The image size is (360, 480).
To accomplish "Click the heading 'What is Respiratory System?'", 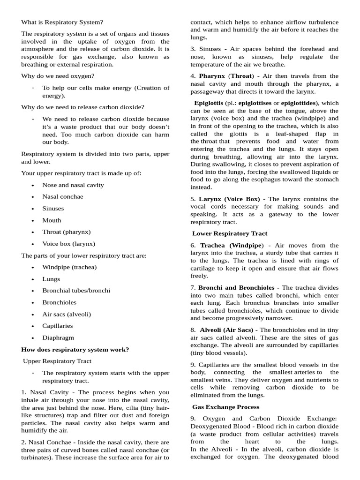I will [62, 22].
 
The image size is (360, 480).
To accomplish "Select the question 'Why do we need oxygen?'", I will [58, 76].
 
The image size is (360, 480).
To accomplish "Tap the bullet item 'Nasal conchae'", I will [63, 197].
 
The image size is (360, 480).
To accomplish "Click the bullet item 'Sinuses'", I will [53, 209].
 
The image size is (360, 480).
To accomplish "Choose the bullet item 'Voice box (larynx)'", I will [68, 244].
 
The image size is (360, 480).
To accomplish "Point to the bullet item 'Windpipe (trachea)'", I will [69, 267].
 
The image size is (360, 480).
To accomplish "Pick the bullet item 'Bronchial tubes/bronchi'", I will [76, 291].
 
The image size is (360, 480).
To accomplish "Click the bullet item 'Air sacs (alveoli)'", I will [67, 314].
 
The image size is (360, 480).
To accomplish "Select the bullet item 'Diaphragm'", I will [58, 337].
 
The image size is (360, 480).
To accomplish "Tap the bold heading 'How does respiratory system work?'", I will [75, 349].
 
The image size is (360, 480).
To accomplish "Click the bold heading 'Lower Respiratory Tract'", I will [230, 233].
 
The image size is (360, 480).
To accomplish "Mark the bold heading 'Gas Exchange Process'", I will [226, 407].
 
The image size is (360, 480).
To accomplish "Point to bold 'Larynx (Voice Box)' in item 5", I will [229, 199].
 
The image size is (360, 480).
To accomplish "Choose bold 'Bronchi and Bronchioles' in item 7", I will [237, 287].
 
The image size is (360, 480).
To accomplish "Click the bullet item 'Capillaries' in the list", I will [57, 326].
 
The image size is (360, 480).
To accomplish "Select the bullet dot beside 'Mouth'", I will [32, 221].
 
